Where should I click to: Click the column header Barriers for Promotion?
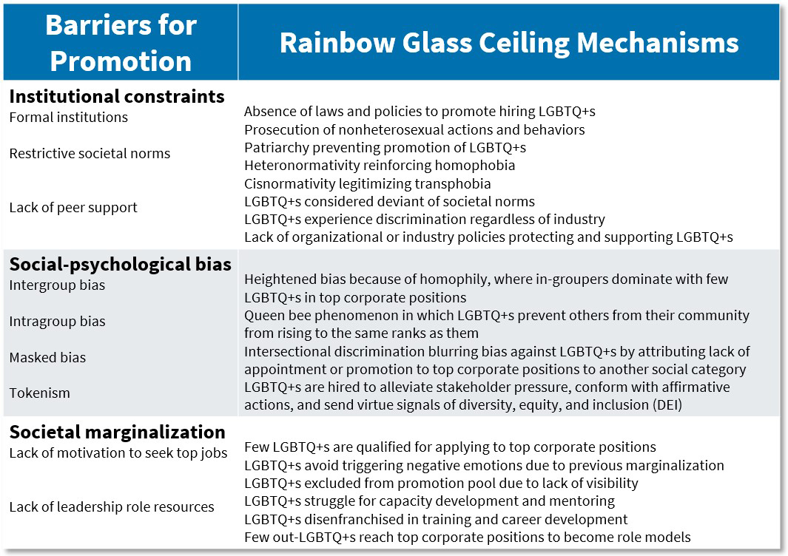click(x=121, y=43)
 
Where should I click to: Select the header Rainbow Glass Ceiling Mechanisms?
click(x=508, y=43)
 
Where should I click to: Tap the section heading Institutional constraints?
click(x=117, y=97)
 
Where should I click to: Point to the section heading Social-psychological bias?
click(x=120, y=265)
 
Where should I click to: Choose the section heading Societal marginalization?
click(x=117, y=433)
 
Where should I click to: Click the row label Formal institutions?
click(x=68, y=118)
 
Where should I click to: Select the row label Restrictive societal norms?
click(x=90, y=154)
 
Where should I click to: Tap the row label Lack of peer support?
click(x=73, y=208)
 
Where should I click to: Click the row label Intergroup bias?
click(x=57, y=285)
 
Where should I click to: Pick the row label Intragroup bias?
click(x=57, y=322)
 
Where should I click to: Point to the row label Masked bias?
click(x=47, y=358)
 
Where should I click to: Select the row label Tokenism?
click(x=39, y=393)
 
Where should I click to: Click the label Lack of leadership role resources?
click(x=112, y=507)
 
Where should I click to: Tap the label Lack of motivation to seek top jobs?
click(x=118, y=453)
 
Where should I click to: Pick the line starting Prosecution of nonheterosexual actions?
click(x=414, y=130)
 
